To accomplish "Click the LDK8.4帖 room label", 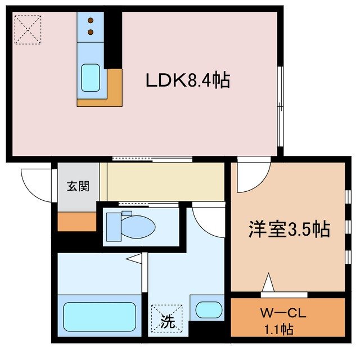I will click(188, 81).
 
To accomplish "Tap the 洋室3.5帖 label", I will click(289, 229).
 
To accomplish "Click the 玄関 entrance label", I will click(78, 186).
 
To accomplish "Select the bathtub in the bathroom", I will click(99, 317).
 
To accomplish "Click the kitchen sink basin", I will click(90, 78).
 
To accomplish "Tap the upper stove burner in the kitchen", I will click(90, 21).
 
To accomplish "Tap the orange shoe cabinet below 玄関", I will click(77, 221).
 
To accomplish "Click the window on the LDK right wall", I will click(281, 107).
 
